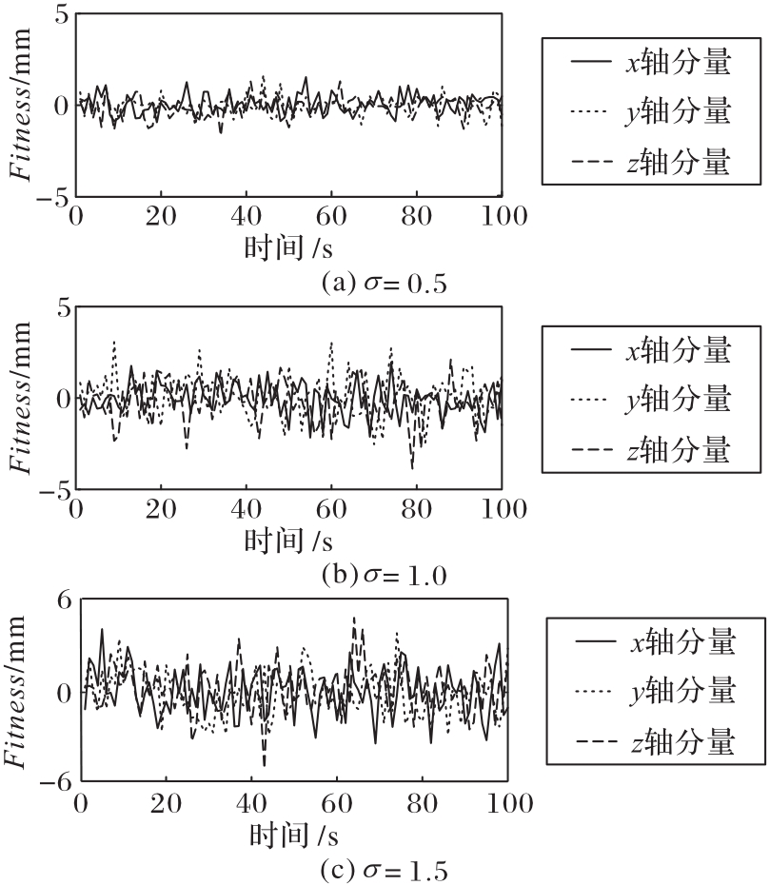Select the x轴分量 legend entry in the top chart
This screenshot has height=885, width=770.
[x=652, y=64]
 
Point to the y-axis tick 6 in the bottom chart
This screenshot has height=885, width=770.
[x=64, y=601]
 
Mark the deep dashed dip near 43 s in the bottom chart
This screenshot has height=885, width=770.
[x=264, y=764]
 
